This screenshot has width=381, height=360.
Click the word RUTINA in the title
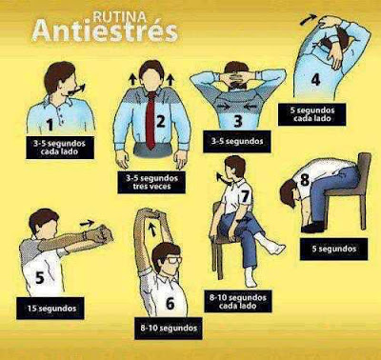click(119, 16)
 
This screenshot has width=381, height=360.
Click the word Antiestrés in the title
click(105, 32)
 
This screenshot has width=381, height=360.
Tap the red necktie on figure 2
click(151, 120)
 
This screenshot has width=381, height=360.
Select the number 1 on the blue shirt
click(50, 125)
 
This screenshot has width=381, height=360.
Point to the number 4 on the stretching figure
click(315, 79)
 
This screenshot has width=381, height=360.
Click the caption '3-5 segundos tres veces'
click(151, 182)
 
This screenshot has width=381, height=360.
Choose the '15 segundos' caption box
click(50, 308)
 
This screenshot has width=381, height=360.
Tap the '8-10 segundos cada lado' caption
click(238, 302)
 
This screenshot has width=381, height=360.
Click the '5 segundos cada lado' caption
click(311, 114)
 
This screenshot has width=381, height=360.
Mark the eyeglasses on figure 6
click(173, 261)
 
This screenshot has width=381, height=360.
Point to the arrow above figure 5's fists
click(87, 223)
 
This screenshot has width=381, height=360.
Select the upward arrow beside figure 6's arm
click(152, 229)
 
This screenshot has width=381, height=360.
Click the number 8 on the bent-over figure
click(305, 180)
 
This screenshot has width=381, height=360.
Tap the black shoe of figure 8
click(312, 227)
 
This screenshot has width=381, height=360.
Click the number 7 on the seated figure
click(245, 196)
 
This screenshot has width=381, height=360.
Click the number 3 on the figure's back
click(238, 121)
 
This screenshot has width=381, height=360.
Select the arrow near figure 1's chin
click(77, 90)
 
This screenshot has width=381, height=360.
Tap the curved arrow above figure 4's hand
click(309, 19)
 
